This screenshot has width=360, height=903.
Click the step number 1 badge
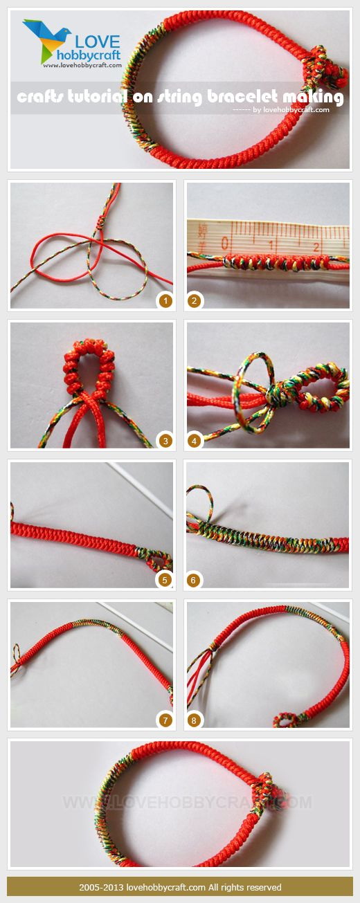pos(165,301)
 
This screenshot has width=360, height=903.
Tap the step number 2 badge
pos(194,301)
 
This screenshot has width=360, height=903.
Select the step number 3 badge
pos(165,441)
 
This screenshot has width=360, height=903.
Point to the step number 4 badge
pos(194,441)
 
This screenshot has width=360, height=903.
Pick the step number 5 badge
pos(165,580)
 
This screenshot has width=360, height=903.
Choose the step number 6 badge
pos(193,580)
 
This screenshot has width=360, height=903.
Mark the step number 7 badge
pos(165,720)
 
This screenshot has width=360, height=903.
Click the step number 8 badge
pos(194,720)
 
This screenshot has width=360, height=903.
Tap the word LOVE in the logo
pos(97,42)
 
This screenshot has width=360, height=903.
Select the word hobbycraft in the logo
pos(89,55)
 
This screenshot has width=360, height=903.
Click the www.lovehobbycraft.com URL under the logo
pos(82,65)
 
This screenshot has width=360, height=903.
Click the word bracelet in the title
pos(242,96)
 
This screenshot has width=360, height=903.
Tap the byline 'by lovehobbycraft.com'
pos(291,109)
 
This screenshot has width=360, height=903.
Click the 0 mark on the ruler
pos(225,243)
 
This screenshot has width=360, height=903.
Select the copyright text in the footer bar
pos(180,887)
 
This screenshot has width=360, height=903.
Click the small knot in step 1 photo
pos(100,221)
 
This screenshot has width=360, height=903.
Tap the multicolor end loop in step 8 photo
pos(287,719)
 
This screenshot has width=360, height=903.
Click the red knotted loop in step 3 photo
pos(89,367)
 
